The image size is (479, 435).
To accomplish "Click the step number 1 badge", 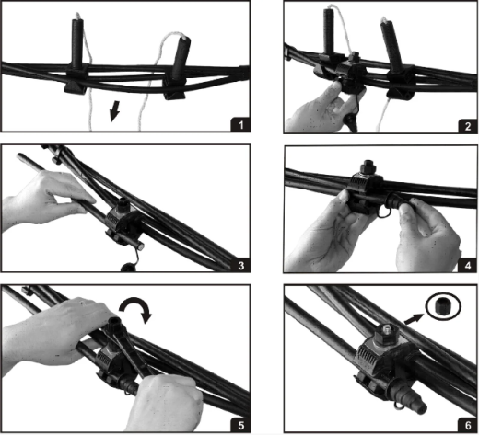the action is point(240,125).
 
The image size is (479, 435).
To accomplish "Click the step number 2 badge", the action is point(468,126).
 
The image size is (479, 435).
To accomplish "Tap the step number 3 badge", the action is point(241,265).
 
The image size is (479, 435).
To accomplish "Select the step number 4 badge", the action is point(468,265).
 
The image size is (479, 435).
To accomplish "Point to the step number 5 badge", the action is point(241,425).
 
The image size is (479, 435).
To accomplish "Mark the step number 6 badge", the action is point(468,425).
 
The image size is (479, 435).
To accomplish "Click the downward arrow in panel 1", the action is point(114,111).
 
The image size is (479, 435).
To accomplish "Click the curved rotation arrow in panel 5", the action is point(136,308).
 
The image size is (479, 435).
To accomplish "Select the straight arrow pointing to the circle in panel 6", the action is point(415,319).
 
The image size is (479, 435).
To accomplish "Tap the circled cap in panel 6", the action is point(443,306).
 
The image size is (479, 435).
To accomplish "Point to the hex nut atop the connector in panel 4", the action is point(367,167).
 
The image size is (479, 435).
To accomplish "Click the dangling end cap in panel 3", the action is point(127,268).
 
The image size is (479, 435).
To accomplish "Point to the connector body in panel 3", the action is point(123,222).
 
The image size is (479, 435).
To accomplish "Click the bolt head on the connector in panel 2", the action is point(356,56).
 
